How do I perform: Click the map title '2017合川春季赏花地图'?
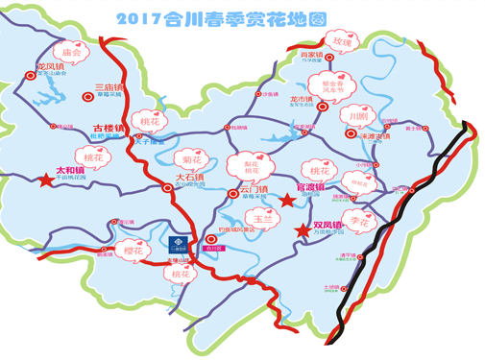[x=243, y=17]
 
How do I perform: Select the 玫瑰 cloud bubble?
[x=342, y=43]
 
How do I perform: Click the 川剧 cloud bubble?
[x=358, y=115]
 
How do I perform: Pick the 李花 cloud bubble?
[x=359, y=220]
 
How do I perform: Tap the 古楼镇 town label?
[x=109, y=128]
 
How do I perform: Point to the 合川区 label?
[x=213, y=247]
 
